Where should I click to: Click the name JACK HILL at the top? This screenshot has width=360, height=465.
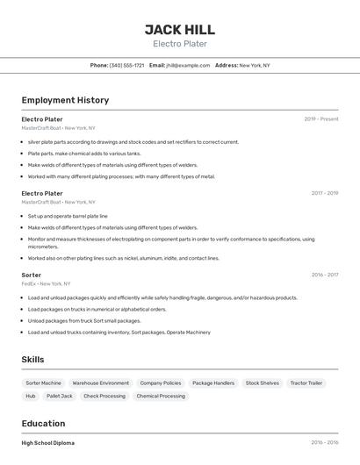tap(180, 30)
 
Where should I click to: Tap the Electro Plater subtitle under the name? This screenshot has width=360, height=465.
tap(180, 44)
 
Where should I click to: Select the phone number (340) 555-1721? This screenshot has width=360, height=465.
tap(126, 66)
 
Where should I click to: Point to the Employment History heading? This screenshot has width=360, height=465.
tap(65, 100)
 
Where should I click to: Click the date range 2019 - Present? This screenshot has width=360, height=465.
tap(321, 119)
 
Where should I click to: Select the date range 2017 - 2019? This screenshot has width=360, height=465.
tap(325, 193)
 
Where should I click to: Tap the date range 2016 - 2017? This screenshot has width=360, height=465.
tap(325, 275)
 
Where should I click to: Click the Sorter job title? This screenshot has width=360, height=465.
tap(32, 275)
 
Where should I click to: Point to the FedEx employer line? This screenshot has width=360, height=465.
tap(45, 284)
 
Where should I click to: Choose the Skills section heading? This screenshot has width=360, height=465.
tap(32, 360)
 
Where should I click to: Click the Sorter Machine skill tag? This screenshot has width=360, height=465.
tap(44, 383)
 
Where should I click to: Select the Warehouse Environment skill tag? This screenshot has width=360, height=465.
tap(101, 383)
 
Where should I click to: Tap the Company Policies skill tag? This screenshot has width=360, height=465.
tap(161, 383)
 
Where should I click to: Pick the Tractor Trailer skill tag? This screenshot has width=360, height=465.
tap(306, 383)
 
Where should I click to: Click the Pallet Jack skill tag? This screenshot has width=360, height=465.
tap(60, 397)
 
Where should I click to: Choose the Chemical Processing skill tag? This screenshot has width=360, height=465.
tap(161, 397)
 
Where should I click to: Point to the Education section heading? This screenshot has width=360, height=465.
tap(43, 423)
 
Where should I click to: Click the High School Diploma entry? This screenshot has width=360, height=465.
tap(48, 443)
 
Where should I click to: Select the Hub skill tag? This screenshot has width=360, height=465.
tap(31, 397)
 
